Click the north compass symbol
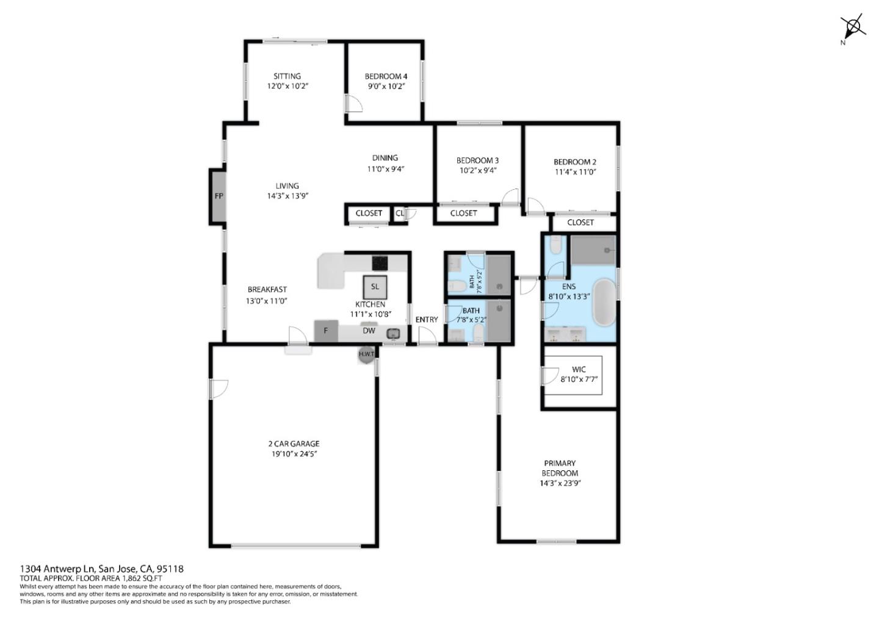point(853,27)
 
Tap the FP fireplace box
point(218,196)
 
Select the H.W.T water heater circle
point(366,354)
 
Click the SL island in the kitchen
point(375,286)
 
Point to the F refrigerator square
point(326,331)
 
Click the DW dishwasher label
point(369,331)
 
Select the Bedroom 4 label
point(385,76)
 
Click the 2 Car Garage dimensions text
point(295,454)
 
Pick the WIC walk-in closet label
point(579,369)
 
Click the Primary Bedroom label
point(560,468)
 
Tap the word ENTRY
point(426,320)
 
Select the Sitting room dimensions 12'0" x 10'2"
point(287,86)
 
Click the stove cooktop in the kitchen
point(380,262)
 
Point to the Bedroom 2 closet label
point(580,223)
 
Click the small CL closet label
point(399,214)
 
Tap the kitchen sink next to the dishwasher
point(393,333)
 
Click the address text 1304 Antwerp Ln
point(56,569)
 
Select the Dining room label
point(385,158)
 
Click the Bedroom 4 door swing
point(353,103)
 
